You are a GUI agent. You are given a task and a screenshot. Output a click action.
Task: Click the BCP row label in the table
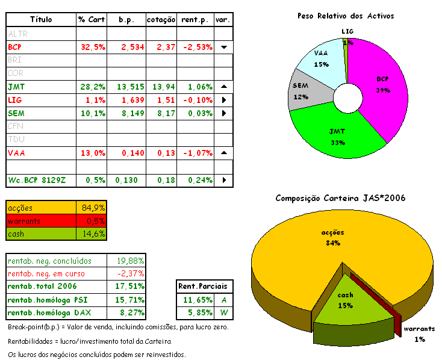(15, 47)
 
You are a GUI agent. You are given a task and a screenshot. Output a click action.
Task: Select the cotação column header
(162, 20)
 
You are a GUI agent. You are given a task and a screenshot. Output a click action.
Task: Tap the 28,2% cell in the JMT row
(92, 87)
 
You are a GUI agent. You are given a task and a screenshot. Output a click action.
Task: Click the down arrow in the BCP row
(223, 47)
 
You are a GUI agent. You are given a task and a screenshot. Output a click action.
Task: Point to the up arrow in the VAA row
(223, 153)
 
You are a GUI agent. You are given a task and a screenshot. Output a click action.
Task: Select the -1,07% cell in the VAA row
(196, 153)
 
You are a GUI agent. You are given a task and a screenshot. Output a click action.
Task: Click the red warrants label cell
(41, 221)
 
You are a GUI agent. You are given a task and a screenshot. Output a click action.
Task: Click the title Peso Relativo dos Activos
(346, 16)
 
